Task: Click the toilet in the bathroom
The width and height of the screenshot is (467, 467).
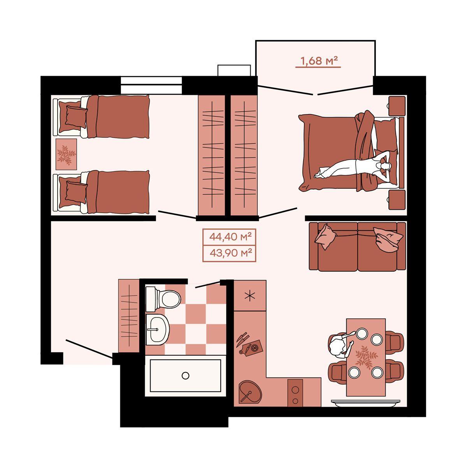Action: [x=163, y=299]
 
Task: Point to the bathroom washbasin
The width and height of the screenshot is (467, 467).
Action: [x=158, y=329]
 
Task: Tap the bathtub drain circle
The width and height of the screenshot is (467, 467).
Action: [x=185, y=376]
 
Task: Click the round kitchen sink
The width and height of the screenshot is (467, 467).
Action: [x=250, y=392]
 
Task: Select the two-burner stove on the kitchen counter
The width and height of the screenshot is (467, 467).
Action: [x=295, y=393]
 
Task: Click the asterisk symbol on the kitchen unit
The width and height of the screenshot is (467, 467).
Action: [x=250, y=296]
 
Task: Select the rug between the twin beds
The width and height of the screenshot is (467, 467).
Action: [x=66, y=154]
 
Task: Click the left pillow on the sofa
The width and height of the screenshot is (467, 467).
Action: [x=325, y=237]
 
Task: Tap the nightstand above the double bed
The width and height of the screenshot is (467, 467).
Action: [x=397, y=106]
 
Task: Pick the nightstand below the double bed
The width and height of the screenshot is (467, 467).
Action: [x=397, y=200]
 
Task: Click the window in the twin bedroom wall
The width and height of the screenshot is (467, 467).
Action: [x=151, y=85]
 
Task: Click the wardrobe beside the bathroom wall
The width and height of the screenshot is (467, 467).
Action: [x=129, y=316]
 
